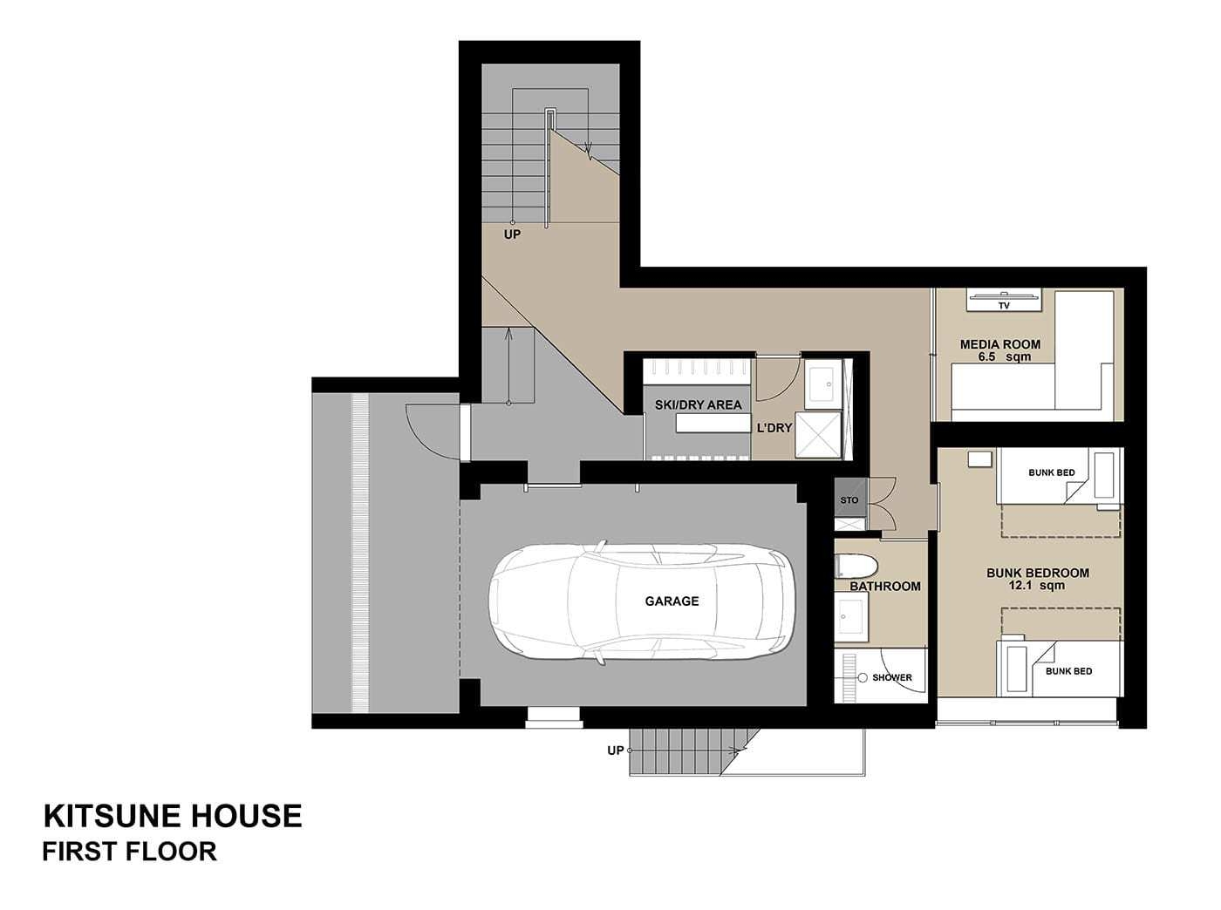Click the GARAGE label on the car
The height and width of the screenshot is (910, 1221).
[672, 601]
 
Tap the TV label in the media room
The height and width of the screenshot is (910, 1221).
[1004, 306]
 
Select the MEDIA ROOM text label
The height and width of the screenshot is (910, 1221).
[1000, 344]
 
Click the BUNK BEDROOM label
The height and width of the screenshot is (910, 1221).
[1038, 573]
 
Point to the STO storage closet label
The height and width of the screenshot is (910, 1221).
[849, 500]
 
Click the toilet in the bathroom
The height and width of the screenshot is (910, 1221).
[856, 567]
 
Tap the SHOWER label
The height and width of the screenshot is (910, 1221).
[892, 677]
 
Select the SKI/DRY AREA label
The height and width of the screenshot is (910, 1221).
[698, 404]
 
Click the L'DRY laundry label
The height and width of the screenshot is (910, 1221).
[774, 428]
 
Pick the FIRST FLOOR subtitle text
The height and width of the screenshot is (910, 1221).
[130, 852]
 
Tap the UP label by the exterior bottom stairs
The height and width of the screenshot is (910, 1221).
[615, 750]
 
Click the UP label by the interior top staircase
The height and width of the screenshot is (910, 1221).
[512, 234]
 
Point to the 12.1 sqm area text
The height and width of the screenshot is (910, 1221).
[1037, 586]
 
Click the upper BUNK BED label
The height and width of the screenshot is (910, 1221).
[1051, 472]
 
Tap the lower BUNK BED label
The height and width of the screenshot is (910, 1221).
[1068, 671]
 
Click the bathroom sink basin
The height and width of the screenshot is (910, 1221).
[850, 616]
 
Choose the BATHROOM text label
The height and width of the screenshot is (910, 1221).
[885, 586]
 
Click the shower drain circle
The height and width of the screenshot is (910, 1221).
[863, 677]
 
